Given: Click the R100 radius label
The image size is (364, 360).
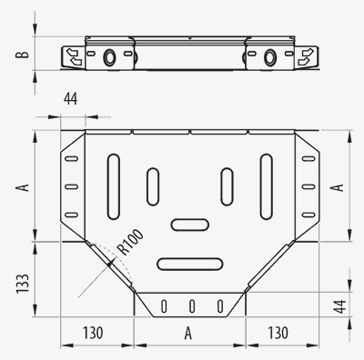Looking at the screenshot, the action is click(130, 242).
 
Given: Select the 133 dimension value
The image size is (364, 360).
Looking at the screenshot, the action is click(23, 284).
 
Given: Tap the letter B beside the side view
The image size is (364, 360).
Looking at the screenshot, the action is click(23, 54).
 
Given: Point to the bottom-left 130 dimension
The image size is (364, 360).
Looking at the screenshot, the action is click(93, 333).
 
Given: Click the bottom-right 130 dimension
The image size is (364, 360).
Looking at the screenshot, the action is click(278, 333).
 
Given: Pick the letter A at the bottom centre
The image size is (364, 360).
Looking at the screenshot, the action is click(188, 334).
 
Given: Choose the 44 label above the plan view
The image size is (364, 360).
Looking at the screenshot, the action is click(70, 99).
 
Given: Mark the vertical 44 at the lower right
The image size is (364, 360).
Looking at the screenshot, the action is click(339, 306).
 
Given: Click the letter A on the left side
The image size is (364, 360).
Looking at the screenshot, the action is click(23, 187).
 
